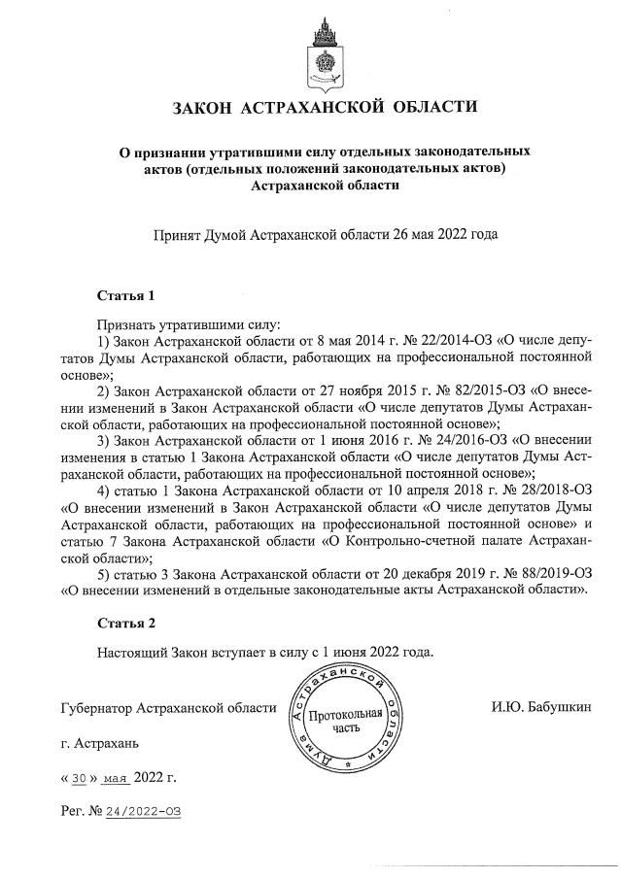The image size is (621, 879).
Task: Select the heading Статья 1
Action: coord(126,294)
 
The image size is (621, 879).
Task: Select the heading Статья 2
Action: coord(126,622)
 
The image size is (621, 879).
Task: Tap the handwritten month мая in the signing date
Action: coord(115,778)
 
